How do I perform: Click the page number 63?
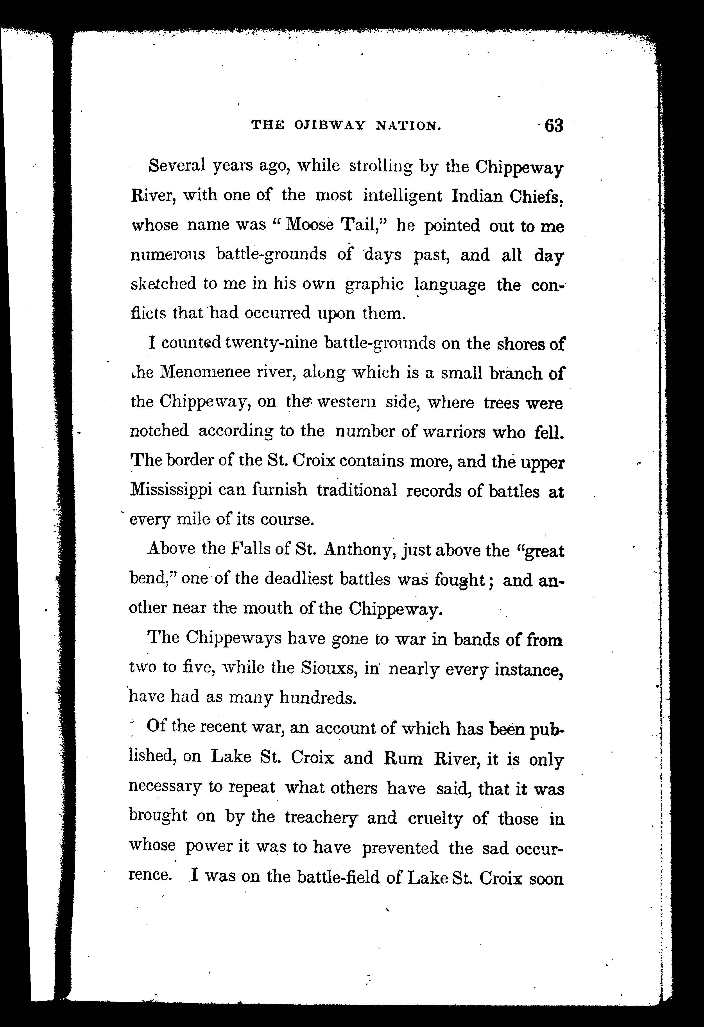[554, 126]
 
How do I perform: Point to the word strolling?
[381, 167]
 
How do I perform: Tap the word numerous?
[168, 255]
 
